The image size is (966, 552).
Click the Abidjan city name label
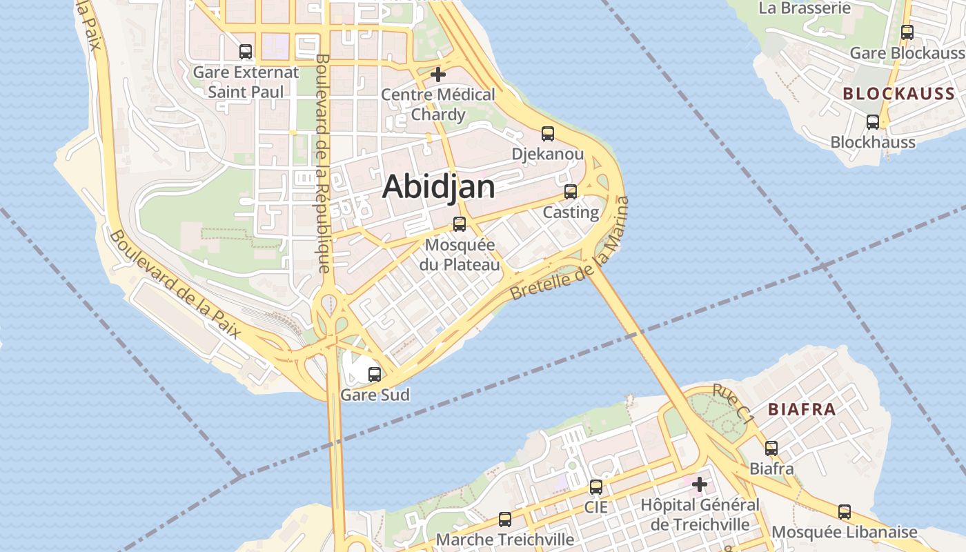tap(439, 186)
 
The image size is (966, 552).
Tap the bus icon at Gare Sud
tap(375, 375)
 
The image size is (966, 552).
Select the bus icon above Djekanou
tap(548, 134)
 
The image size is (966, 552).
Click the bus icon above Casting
tap(571, 192)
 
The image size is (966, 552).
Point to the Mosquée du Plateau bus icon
tap(460, 224)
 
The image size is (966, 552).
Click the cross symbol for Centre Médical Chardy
tap(438, 75)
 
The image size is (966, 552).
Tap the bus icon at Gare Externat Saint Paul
tap(246, 52)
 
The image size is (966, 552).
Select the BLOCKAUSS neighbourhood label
tap(898, 95)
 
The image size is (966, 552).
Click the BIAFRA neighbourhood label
tap(802, 409)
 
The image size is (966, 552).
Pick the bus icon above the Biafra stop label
tap(771, 448)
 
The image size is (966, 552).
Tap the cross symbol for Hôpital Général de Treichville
tap(700, 484)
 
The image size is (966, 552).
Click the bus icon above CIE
tap(596, 487)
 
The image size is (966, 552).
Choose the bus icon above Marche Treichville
tap(505, 520)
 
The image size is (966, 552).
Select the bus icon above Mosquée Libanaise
tap(845, 512)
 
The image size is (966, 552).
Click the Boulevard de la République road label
tap(323, 164)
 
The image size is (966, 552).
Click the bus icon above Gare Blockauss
tap(907, 32)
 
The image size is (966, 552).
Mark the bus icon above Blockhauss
tap(873, 122)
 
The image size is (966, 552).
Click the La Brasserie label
tap(805, 8)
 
